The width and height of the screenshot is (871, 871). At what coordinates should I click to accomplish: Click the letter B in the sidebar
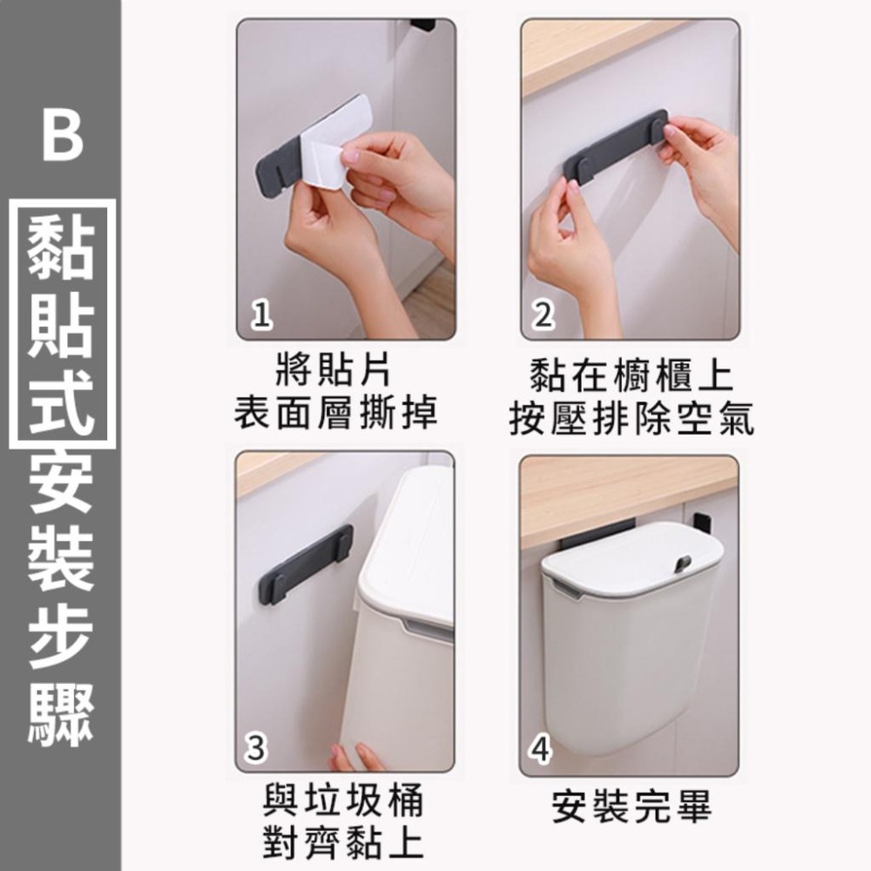[62, 134]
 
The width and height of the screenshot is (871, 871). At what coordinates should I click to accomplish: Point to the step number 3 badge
[258, 748]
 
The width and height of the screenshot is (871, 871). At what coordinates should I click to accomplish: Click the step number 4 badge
[542, 748]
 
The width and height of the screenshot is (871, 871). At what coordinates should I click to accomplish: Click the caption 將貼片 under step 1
[334, 373]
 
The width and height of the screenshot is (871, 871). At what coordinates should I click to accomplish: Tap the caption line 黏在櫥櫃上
[631, 377]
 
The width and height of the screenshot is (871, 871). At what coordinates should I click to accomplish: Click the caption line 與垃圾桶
[343, 799]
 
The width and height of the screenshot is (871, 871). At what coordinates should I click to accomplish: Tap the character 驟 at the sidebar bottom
[61, 717]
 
